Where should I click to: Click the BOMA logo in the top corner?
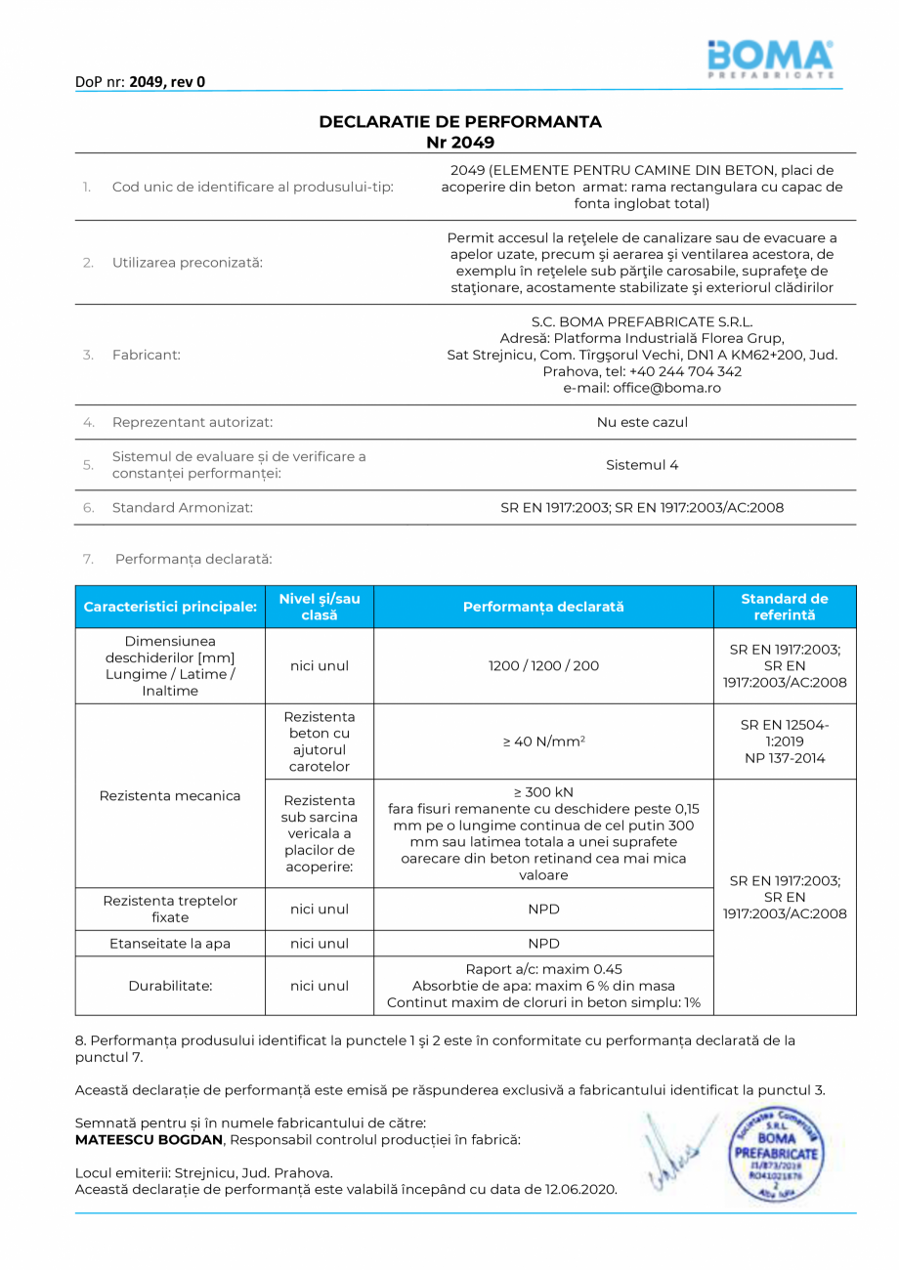pos(770,58)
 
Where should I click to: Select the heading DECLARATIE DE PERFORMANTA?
pos(460,122)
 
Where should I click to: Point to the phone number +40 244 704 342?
pos(685,371)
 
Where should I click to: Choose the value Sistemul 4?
pos(642,465)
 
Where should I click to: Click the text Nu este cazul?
pos(642,422)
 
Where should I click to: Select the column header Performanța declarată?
pos(543,607)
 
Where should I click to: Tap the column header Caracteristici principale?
pos(170,607)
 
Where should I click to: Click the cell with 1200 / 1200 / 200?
pos(543,665)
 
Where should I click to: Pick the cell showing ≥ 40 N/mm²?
pos(543,741)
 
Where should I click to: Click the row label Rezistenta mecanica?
pos(170,795)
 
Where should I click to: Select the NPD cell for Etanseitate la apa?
pos(543,944)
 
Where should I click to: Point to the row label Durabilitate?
pos(170,986)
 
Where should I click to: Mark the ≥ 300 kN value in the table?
pos(543,791)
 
